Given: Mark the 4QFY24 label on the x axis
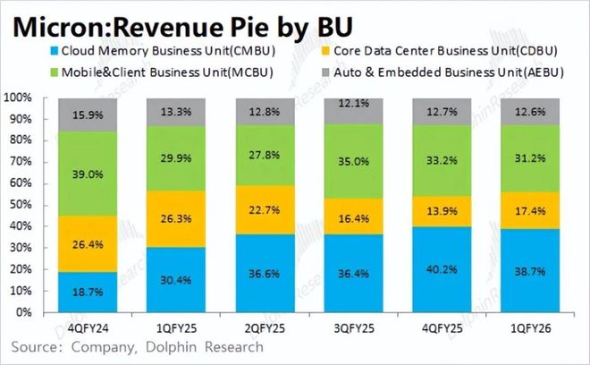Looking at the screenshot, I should point(87,327).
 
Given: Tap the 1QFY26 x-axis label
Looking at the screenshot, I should point(530,327).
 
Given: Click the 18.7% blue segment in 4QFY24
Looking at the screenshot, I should point(87,292).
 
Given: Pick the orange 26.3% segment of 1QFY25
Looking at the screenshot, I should point(175,218).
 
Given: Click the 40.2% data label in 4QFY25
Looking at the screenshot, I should point(442,268).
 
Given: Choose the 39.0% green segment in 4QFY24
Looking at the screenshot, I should point(87,174).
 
